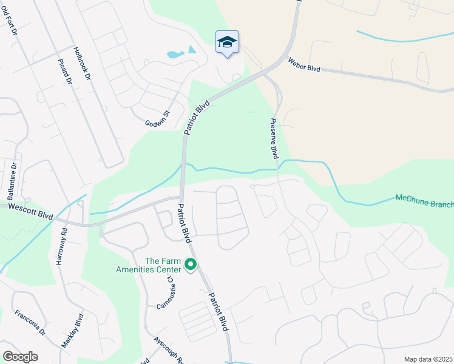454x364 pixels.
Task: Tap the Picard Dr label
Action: tap(66, 71)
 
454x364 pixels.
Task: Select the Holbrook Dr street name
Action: tap(81, 64)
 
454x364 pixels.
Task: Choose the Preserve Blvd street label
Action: tap(273, 138)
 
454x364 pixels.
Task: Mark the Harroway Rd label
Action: tap(61, 246)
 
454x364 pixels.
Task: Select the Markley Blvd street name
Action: tap(72, 330)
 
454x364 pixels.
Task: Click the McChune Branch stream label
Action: tap(424, 200)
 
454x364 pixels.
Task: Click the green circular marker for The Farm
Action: tap(191, 264)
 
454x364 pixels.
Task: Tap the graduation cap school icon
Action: tap(227, 42)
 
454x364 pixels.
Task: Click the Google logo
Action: tap(20, 357)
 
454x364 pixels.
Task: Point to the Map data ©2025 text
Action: tap(429, 359)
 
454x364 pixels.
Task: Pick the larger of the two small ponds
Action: tap(175, 55)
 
